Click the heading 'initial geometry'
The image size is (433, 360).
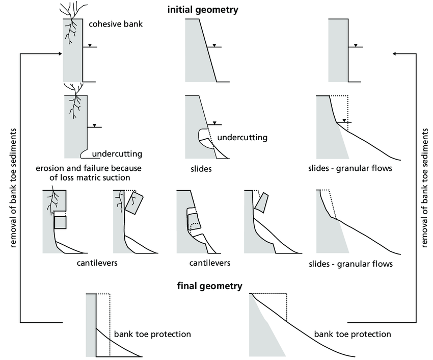tap(202, 9)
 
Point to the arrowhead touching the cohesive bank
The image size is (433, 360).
tap(59, 52)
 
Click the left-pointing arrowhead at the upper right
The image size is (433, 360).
tap(397, 53)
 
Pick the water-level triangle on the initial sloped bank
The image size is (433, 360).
tap(213, 45)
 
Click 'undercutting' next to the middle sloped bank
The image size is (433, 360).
tap(242, 138)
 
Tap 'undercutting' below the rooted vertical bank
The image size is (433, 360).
tap(117, 154)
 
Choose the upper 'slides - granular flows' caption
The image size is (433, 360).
tap(350, 168)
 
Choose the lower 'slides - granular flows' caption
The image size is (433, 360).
tap(351, 264)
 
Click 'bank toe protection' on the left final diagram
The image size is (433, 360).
tap(153, 335)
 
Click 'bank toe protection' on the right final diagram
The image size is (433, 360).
tap(353, 335)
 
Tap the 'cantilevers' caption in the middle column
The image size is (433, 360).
tap(210, 263)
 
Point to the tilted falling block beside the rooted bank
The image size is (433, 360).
tap(133, 203)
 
